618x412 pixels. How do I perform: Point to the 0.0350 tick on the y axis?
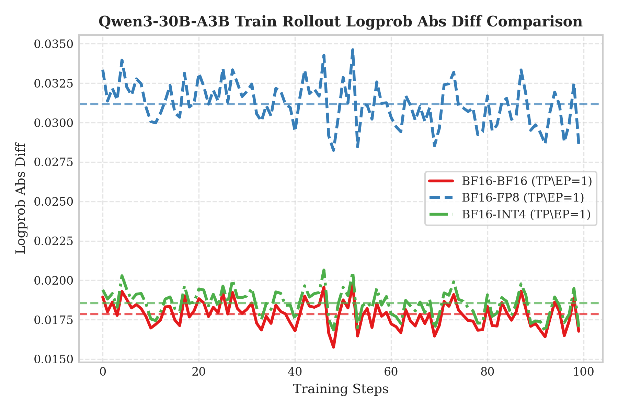point(54,44)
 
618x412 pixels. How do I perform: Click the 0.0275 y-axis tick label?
point(54,162)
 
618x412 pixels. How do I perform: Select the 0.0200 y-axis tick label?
point(54,281)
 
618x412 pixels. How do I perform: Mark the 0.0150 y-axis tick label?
point(54,359)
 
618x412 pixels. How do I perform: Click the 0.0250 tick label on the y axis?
point(54,202)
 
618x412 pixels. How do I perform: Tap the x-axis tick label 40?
point(295,372)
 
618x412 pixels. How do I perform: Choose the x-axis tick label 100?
point(584,372)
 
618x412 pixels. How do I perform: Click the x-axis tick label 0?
point(103,372)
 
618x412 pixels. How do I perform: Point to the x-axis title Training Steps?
point(341,389)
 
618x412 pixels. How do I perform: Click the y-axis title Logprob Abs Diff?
point(21,198)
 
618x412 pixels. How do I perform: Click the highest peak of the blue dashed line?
point(353,49)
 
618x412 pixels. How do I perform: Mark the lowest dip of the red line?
point(333,347)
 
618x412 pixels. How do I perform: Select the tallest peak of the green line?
point(324,270)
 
